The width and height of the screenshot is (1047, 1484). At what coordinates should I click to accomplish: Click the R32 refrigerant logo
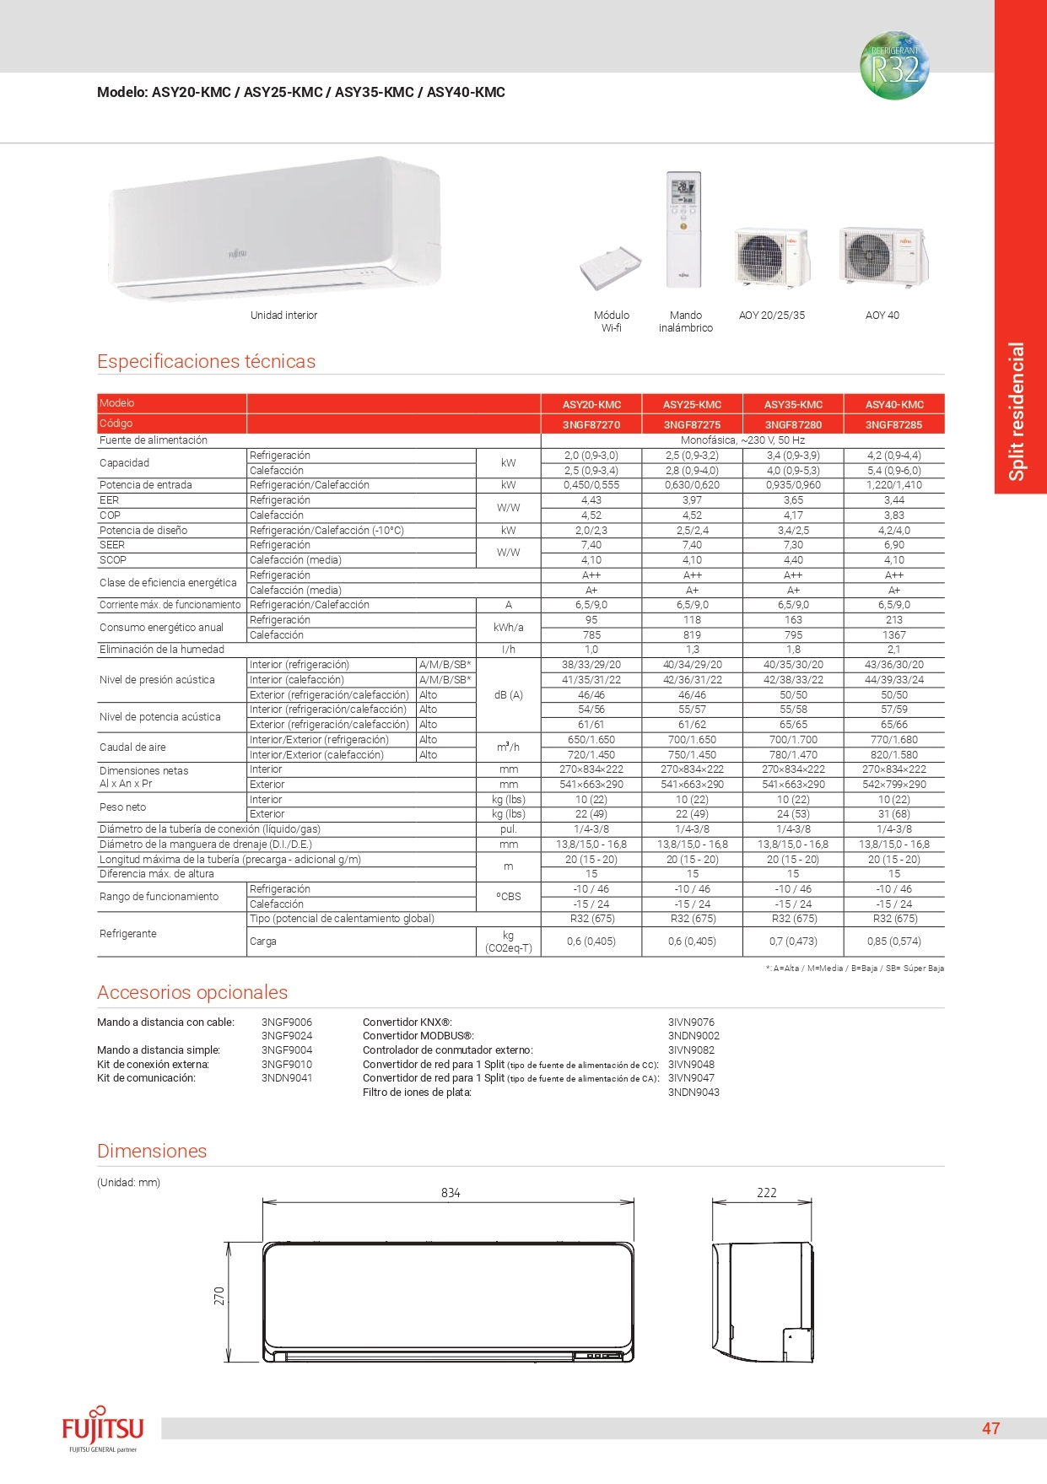pos(894,67)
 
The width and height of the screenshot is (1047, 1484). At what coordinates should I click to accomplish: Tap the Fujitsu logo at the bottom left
pos(103,1429)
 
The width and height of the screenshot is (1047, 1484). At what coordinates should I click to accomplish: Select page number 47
pos(990,1428)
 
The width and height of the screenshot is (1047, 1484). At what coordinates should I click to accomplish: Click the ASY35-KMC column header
pos(793,405)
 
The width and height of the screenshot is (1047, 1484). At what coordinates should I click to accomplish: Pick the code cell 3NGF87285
pos(893,425)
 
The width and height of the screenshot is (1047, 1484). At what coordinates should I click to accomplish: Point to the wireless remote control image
pos(683,228)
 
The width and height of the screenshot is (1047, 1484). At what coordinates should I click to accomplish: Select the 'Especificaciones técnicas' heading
pos(207,362)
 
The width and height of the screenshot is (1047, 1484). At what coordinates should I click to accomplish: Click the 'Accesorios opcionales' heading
pos(192,993)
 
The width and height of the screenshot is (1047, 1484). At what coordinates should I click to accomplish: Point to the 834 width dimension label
pos(451,1193)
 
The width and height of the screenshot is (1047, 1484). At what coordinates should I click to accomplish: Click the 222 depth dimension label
pos(766,1193)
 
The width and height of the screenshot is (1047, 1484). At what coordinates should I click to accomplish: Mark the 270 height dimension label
pos(219,1296)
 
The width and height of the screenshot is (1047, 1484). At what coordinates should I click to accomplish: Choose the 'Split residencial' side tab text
pos(1017,411)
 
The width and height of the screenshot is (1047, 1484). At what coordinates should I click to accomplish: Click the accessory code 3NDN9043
pos(694,1093)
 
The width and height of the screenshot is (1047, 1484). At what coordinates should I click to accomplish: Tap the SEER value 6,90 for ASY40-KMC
pos(893,546)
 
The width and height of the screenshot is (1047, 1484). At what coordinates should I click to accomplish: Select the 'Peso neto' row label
pos(123,807)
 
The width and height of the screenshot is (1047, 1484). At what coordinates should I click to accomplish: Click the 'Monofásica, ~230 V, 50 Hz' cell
pos(742,440)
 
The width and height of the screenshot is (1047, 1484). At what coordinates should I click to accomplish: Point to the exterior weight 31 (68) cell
pos(893,814)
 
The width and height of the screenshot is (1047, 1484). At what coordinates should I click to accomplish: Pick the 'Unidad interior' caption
pos(283,316)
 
